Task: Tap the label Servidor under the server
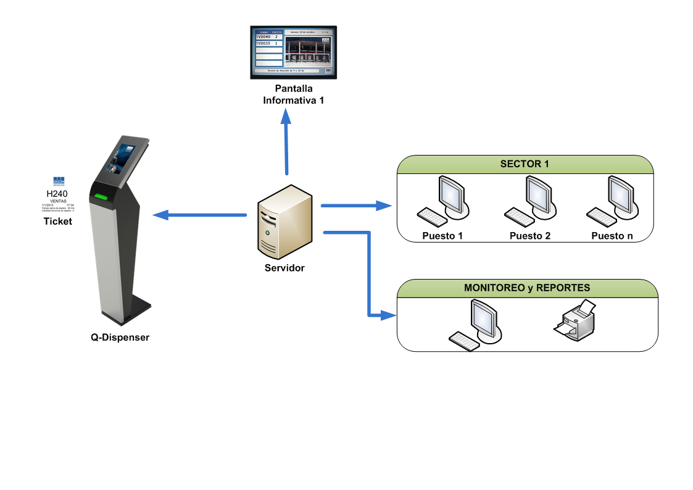tap(284, 268)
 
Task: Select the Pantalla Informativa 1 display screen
tap(289, 52)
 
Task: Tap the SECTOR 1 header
tap(525, 164)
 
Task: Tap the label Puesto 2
tap(530, 236)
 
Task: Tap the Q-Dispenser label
tap(120, 338)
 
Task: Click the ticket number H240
tap(57, 194)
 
